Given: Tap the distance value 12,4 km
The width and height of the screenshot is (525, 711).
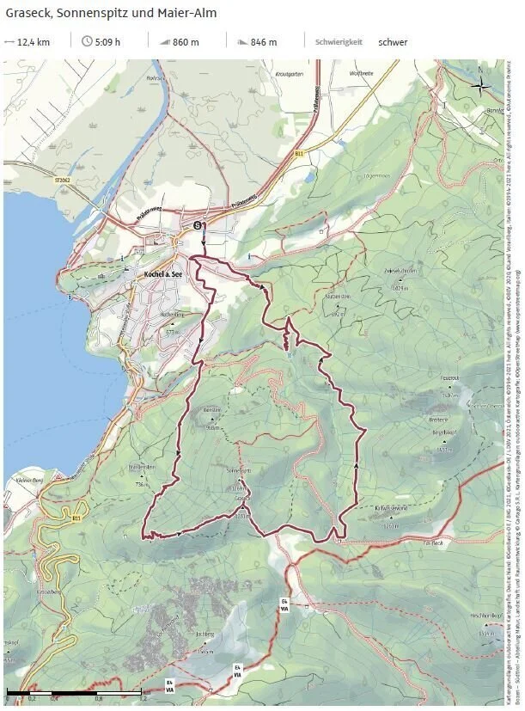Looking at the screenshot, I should click(x=34, y=41).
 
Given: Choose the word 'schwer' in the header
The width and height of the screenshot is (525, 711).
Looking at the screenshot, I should click(x=393, y=41).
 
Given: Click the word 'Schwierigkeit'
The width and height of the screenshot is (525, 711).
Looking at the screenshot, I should click(x=339, y=41).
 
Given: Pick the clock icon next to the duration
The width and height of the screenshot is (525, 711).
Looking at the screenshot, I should click(x=87, y=41).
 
